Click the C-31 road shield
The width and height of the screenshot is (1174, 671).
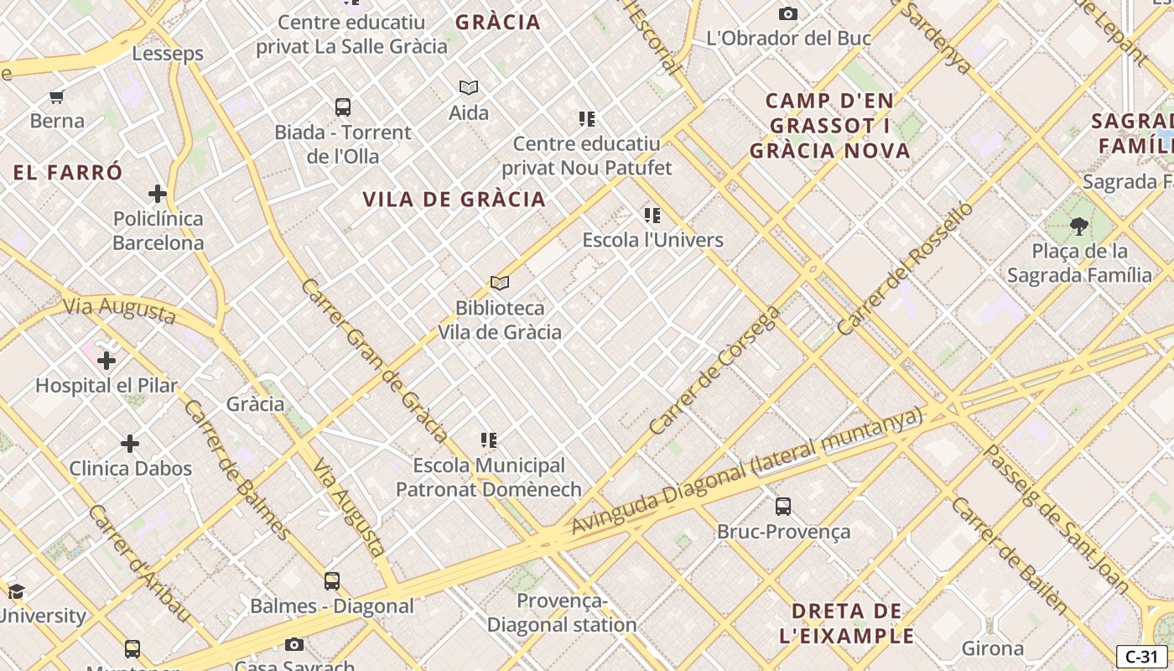[x=1141, y=657]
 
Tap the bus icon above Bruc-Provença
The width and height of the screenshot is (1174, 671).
[x=782, y=507]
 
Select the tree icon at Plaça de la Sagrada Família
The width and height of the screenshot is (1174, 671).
[x=1079, y=226]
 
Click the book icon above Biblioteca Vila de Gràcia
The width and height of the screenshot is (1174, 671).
[x=500, y=283]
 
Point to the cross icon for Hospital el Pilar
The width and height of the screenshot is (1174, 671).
[x=106, y=361]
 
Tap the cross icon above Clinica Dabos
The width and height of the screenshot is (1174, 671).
[x=130, y=444]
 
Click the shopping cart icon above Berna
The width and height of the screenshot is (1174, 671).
[x=57, y=96]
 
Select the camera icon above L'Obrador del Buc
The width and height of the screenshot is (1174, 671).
[x=787, y=13]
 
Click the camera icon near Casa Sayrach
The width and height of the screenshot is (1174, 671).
[x=293, y=644]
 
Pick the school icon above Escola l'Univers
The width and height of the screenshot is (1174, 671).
[x=652, y=216]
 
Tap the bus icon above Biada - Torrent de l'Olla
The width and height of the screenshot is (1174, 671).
[x=343, y=107]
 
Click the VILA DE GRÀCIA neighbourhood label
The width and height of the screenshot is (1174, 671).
[x=454, y=200]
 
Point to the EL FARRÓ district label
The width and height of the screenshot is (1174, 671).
[x=68, y=173]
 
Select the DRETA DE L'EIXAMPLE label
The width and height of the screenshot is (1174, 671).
[x=847, y=623]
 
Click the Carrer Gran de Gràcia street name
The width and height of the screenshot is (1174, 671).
[x=374, y=361]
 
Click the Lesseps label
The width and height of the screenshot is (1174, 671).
[x=168, y=54]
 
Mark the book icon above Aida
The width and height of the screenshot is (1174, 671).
[x=469, y=87]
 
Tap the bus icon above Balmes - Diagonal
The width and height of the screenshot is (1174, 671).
[x=332, y=580]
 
